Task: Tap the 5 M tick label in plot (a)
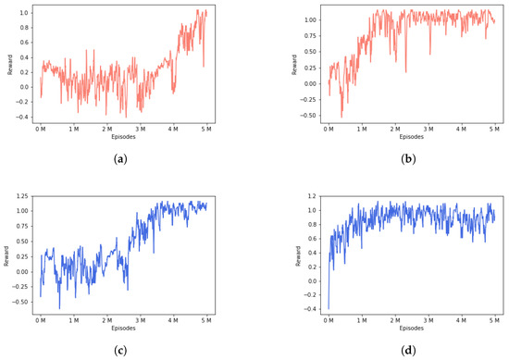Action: click(x=206, y=129)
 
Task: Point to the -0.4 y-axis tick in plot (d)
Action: click(x=311, y=308)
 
